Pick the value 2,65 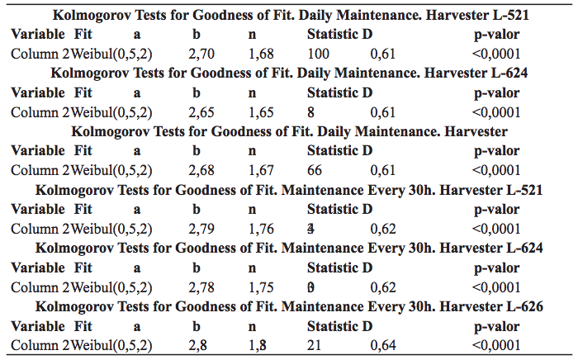click(x=201, y=111)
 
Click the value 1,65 click(x=261, y=111)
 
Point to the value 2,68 click(x=201, y=170)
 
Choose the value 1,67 click(x=261, y=170)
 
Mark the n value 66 click(x=315, y=170)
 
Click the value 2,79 click(x=201, y=229)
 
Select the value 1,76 click(x=261, y=229)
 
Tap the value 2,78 click(x=201, y=287)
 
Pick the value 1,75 click(x=261, y=287)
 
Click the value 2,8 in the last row click(x=197, y=345)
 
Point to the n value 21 click(x=315, y=345)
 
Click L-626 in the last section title click(x=524, y=306)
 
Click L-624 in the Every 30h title click(x=524, y=248)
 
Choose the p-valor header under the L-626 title click(x=496, y=326)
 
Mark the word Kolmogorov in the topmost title click(x=91, y=15)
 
